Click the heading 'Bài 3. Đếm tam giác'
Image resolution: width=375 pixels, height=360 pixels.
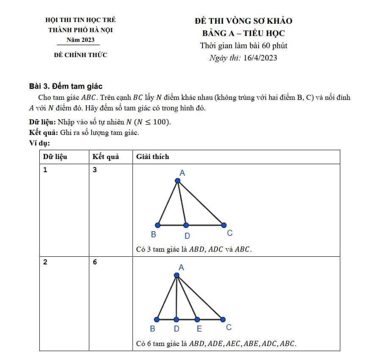tap(66, 86)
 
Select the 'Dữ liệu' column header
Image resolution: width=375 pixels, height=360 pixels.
tap(55, 157)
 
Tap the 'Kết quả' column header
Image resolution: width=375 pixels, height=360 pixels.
tap(105, 157)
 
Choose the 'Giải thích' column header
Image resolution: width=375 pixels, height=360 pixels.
tap(152, 157)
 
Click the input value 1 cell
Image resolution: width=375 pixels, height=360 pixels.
tap(45, 170)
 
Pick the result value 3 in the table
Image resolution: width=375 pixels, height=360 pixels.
tap(95, 170)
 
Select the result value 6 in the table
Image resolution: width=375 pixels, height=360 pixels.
tap(95, 262)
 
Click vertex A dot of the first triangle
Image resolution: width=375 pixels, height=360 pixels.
tap(178, 181)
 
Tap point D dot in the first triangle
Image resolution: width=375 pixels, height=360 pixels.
tap(185, 225)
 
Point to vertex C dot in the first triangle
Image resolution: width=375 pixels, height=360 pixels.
tap(223, 225)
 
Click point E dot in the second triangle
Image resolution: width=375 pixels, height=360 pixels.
tap(196, 319)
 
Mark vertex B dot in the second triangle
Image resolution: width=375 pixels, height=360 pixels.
tap(157, 319)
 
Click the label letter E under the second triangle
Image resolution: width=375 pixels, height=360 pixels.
tap(199, 329)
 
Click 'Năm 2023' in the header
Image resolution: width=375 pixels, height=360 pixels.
tap(80, 40)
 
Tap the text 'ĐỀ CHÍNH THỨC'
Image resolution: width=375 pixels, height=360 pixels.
tap(80, 55)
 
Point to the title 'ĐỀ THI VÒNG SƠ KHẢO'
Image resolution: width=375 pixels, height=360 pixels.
tap(244, 21)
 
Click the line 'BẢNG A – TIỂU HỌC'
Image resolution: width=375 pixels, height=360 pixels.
tap(244, 33)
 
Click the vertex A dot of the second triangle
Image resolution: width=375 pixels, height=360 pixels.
tap(177, 275)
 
